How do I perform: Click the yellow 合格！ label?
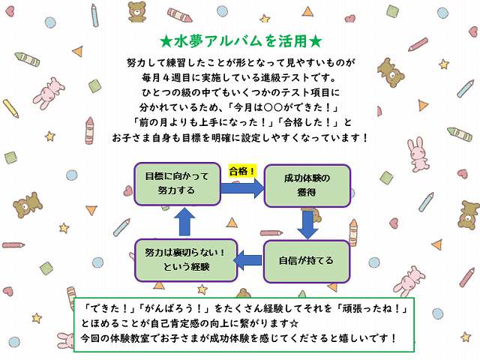point(241,171)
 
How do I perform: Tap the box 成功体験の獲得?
point(307,186)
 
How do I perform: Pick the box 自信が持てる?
point(306,261)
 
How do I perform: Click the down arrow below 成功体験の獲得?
point(307,223)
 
